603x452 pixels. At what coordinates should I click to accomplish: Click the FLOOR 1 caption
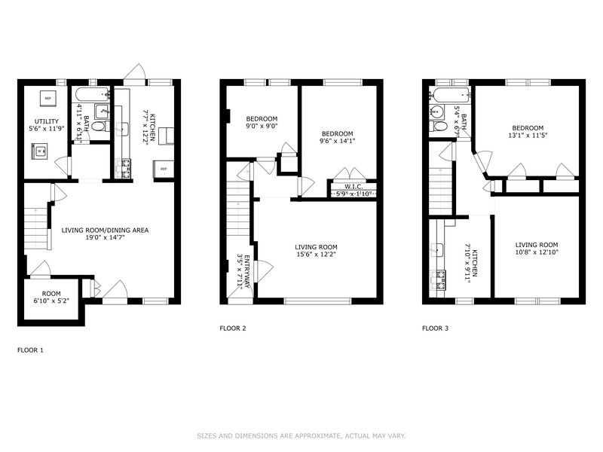(30, 350)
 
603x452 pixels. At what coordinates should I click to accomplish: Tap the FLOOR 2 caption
(233, 328)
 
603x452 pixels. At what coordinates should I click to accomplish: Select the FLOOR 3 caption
(436, 328)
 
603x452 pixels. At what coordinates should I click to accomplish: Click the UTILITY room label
(47, 121)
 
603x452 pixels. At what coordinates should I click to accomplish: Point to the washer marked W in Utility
(39, 151)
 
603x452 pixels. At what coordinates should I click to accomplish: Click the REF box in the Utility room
(47, 99)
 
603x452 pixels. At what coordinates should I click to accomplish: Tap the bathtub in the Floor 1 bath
(92, 94)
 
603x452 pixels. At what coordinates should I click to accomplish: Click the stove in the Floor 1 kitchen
(124, 168)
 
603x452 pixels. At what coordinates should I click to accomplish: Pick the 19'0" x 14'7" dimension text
(106, 238)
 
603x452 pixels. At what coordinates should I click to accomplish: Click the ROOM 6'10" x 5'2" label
(51, 297)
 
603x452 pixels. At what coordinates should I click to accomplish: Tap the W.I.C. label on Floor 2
(354, 187)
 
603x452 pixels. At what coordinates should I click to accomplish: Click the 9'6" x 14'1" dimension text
(337, 141)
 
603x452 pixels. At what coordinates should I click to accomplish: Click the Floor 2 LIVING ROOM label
(316, 247)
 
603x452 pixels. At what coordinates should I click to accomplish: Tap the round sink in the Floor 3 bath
(437, 111)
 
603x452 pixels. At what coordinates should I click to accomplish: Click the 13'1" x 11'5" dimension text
(528, 136)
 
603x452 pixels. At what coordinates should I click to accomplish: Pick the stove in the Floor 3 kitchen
(438, 279)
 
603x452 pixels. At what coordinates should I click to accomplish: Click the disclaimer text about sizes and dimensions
(301, 436)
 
